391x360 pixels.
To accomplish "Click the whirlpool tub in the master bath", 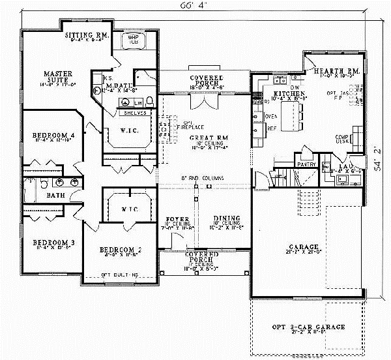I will [133, 40].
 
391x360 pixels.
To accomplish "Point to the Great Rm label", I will [205, 138].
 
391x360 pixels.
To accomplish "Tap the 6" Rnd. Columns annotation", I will [202, 177].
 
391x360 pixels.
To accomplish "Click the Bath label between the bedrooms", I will [36, 194].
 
